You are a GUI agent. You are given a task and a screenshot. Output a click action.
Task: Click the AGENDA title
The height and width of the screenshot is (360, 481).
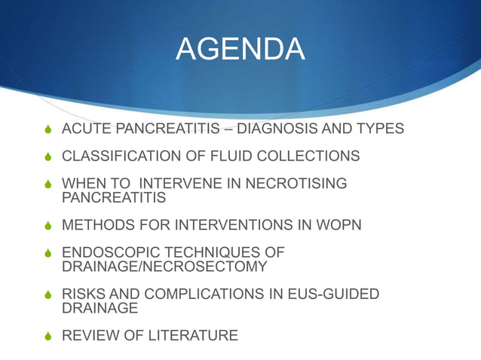[x=240, y=50]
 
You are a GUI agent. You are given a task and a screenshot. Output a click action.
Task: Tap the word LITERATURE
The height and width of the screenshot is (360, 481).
[x=192, y=335]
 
